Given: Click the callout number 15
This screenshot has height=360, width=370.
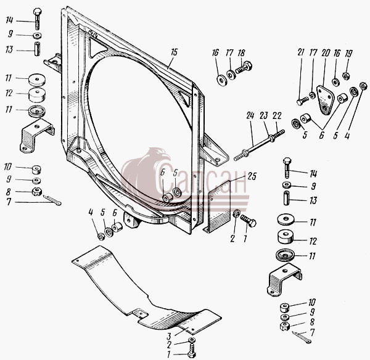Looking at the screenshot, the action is [174, 52].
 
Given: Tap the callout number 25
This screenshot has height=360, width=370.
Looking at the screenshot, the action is [252, 176].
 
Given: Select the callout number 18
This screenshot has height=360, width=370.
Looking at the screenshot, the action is [241, 53].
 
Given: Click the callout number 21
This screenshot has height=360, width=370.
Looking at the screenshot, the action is [301, 52].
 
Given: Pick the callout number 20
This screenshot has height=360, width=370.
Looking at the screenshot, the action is [326, 53].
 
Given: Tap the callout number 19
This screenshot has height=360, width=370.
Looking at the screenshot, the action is [348, 54].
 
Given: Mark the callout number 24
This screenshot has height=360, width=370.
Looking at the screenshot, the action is [250, 115].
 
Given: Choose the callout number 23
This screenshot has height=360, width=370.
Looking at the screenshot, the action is [264, 115].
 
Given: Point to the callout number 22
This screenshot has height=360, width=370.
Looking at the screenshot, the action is [277, 115].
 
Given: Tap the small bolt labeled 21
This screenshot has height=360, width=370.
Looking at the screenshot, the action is [303, 100].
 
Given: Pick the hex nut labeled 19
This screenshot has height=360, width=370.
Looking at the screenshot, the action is [346, 76].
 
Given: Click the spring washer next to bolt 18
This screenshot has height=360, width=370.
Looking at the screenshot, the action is [230, 74].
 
